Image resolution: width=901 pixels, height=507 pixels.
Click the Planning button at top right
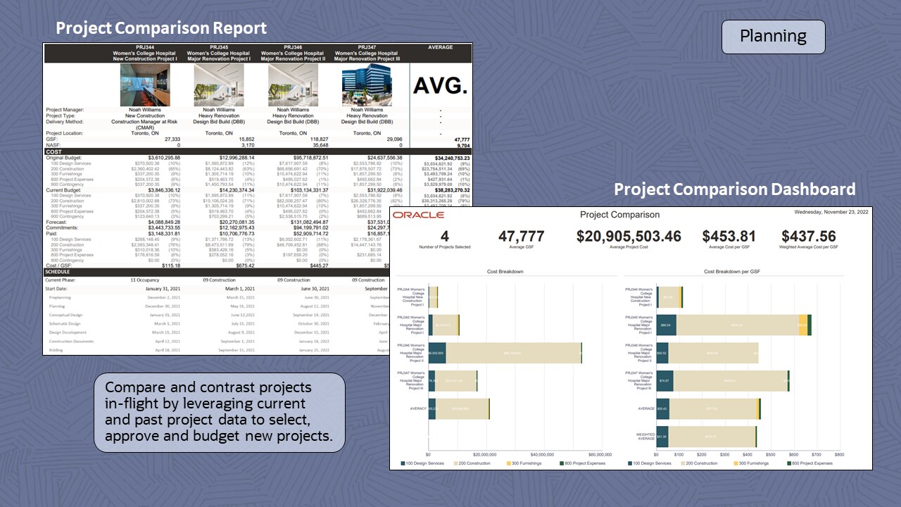773,37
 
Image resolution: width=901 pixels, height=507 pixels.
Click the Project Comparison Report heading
161,28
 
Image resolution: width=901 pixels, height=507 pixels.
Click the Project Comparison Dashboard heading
734,189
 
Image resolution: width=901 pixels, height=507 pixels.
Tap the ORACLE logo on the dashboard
418,215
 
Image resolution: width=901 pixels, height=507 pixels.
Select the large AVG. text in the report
441,86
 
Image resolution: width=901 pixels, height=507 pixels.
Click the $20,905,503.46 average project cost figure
629,237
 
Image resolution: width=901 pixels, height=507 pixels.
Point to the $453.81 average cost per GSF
729,237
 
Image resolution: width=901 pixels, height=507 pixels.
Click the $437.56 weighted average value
808,237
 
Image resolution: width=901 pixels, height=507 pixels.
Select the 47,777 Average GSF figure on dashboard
522,237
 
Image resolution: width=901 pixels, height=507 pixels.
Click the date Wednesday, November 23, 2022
831,211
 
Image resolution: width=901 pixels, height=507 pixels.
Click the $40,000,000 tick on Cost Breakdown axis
542,455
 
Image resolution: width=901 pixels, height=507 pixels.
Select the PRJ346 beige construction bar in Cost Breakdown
513,353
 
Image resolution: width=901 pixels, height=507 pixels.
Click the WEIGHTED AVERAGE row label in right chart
645,437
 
